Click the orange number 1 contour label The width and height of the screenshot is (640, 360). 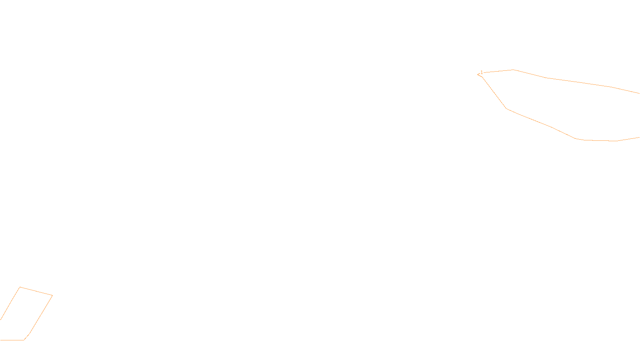pyautogui.click(x=482, y=72)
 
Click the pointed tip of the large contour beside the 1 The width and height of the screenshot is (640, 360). pyautogui.click(x=478, y=74)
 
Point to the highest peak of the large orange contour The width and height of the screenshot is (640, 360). pyautogui.click(x=513, y=70)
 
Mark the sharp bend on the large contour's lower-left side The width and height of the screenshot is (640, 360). pyautogui.click(x=506, y=108)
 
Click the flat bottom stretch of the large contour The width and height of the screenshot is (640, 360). pyautogui.click(x=600, y=140)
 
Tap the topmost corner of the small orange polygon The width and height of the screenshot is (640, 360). pyautogui.click(x=20, y=287)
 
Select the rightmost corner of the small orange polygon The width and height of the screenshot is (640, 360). pyautogui.click(x=52, y=296)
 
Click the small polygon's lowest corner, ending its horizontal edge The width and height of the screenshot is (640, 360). pyautogui.click(x=24, y=340)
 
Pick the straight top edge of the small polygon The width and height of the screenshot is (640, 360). pyautogui.click(x=36, y=291)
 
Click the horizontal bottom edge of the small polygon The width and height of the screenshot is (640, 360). pyautogui.click(x=12, y=340)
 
